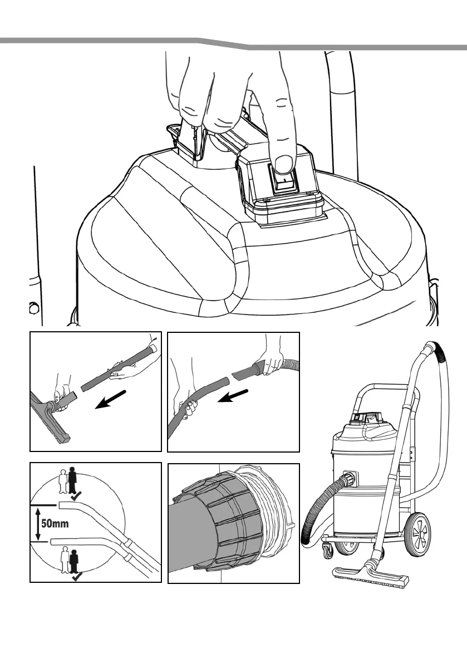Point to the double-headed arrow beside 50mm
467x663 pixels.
(x=38, y=523)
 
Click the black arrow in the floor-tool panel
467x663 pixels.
(x=111, y=400)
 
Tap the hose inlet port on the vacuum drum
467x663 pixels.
(x=350, y=478)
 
